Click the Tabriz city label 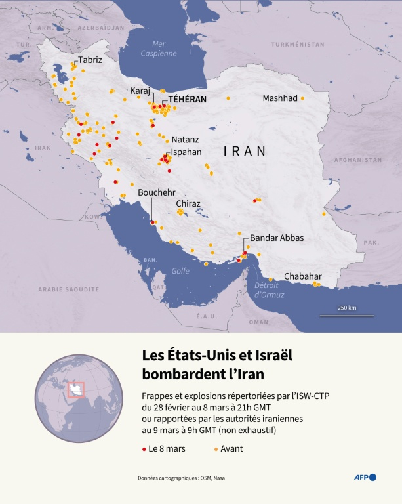(x=90, y=60)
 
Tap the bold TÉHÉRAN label (x=187, y=99)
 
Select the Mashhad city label (x=280, y=98)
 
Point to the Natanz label (x=185, y=140)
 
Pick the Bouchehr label (x=156, y=192)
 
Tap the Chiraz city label (x=188, y=203)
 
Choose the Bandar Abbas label (x=277, y=238)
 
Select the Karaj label (x=140, y=91)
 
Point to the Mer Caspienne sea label (x=154, y=49)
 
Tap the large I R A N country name (x=245, y=151)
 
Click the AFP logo (x=367, y=477)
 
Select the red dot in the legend (x=144, y=449)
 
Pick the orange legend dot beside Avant (x=216, y=449)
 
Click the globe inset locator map (x=79, y=398)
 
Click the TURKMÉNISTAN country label (x=299, y=44)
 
